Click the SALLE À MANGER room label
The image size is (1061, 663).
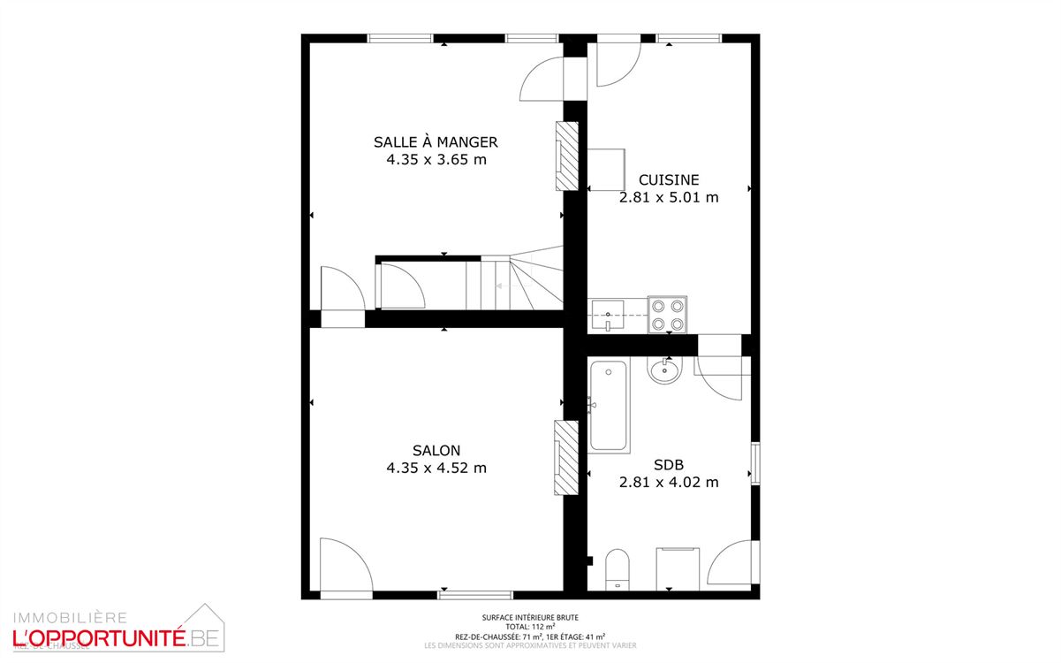[x=436, y=141]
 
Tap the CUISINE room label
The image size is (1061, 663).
[x=669, y=179]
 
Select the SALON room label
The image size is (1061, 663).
[x=436, y=450]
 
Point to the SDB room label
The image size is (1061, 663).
[x=669, y=464]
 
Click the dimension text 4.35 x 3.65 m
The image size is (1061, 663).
[x=436, y=160]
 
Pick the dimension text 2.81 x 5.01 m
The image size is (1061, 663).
[x=669, y=197]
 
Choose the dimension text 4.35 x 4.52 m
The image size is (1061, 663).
[x=436, y=468]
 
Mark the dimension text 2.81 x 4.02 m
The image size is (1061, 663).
[x=669, y=482]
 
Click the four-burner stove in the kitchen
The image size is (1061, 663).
[x=669, y=314]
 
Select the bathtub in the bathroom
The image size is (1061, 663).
[x=608, y=405]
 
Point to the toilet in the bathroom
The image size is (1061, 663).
[x=617, y=568]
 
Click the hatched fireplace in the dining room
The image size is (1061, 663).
[x=565, y=155]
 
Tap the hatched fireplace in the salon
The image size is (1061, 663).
[x=565, y=456]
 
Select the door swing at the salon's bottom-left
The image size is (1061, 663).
[x=341, y=563]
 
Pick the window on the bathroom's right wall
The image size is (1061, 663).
[x=754, y=463]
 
